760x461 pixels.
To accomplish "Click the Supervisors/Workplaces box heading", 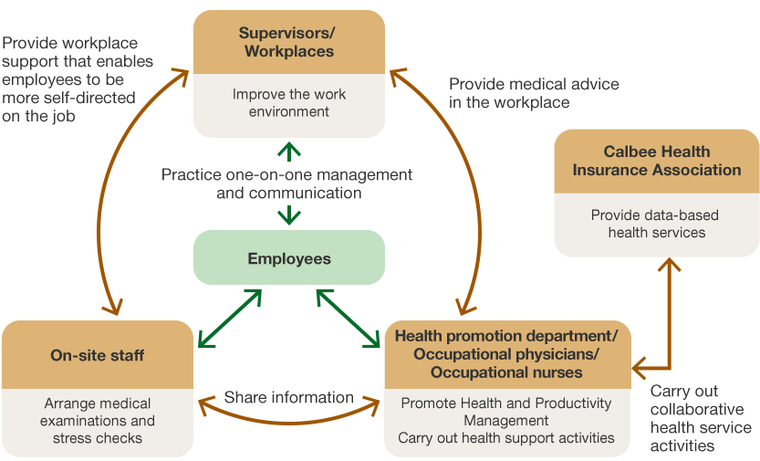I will [x=288, y=42].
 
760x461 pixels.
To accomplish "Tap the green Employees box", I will [x=288, y=259].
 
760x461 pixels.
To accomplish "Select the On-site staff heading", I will [x=97, y=356].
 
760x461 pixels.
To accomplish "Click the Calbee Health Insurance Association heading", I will [x=656, y=161].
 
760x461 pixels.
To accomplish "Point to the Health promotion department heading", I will [x=506, y=354].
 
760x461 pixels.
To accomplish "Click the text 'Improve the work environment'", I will [x=288, y=103].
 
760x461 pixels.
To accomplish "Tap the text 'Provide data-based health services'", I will [x=656, y=224].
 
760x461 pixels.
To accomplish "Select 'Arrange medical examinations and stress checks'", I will [x=97, y=420].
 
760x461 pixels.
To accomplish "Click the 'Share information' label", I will [x=288, y=397].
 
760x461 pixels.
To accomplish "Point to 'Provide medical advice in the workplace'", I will [x=533, y=93].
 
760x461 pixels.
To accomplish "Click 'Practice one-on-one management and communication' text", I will [x=288, y=183].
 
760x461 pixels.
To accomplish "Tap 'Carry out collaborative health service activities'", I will [x=701, y=418].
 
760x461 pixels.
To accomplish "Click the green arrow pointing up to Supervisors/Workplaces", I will [x=288, y=152].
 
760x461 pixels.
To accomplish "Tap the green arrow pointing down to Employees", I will [x=288, y=215].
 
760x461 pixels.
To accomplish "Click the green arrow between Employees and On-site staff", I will [x=229, y=319].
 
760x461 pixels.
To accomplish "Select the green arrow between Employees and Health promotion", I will [x=349, y=319].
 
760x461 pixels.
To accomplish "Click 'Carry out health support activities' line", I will [x=506, y=438].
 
